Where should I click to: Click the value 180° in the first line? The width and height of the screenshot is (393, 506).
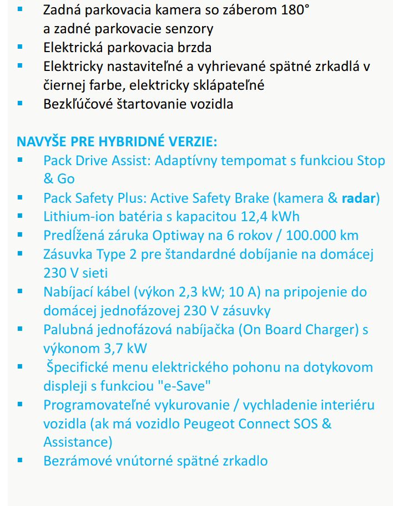pos(294,9)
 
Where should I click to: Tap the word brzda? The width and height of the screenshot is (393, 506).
pos(194,48)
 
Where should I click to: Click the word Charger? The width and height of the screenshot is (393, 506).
pos(330,330)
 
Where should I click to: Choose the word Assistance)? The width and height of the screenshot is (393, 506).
pos(77,442)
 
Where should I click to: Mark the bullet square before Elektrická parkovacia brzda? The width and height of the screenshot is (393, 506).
pos(21,47)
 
